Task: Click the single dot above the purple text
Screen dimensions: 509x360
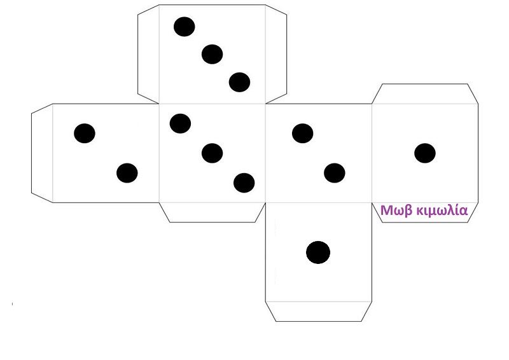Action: [424, 153]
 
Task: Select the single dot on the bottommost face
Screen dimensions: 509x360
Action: [318, 253]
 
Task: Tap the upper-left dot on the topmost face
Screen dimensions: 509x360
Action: [184, 27]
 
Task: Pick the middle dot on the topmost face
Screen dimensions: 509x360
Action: [212, 55]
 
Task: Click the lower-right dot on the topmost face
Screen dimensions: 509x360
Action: [239, 82]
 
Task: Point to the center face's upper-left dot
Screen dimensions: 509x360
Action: [180, 123]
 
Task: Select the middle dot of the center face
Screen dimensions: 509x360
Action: [212, 153]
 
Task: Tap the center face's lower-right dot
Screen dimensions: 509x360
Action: [244, 183]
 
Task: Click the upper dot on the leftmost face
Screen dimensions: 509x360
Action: [84, 134]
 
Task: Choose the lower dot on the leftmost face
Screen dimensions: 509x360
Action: [127, 172]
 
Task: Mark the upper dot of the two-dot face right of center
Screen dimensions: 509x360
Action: [302, 134]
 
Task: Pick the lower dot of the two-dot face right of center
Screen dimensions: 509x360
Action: [334, 172]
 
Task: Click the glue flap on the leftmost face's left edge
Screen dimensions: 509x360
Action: [42, 153]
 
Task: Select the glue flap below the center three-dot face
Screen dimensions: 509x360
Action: [212, 212]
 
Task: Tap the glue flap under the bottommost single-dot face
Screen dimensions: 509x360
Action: [318, 311]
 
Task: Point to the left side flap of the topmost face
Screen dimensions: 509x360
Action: [148, 53]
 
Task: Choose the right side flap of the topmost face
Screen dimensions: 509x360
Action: [276, 53]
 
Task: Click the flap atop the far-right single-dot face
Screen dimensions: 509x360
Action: [424, 93]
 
